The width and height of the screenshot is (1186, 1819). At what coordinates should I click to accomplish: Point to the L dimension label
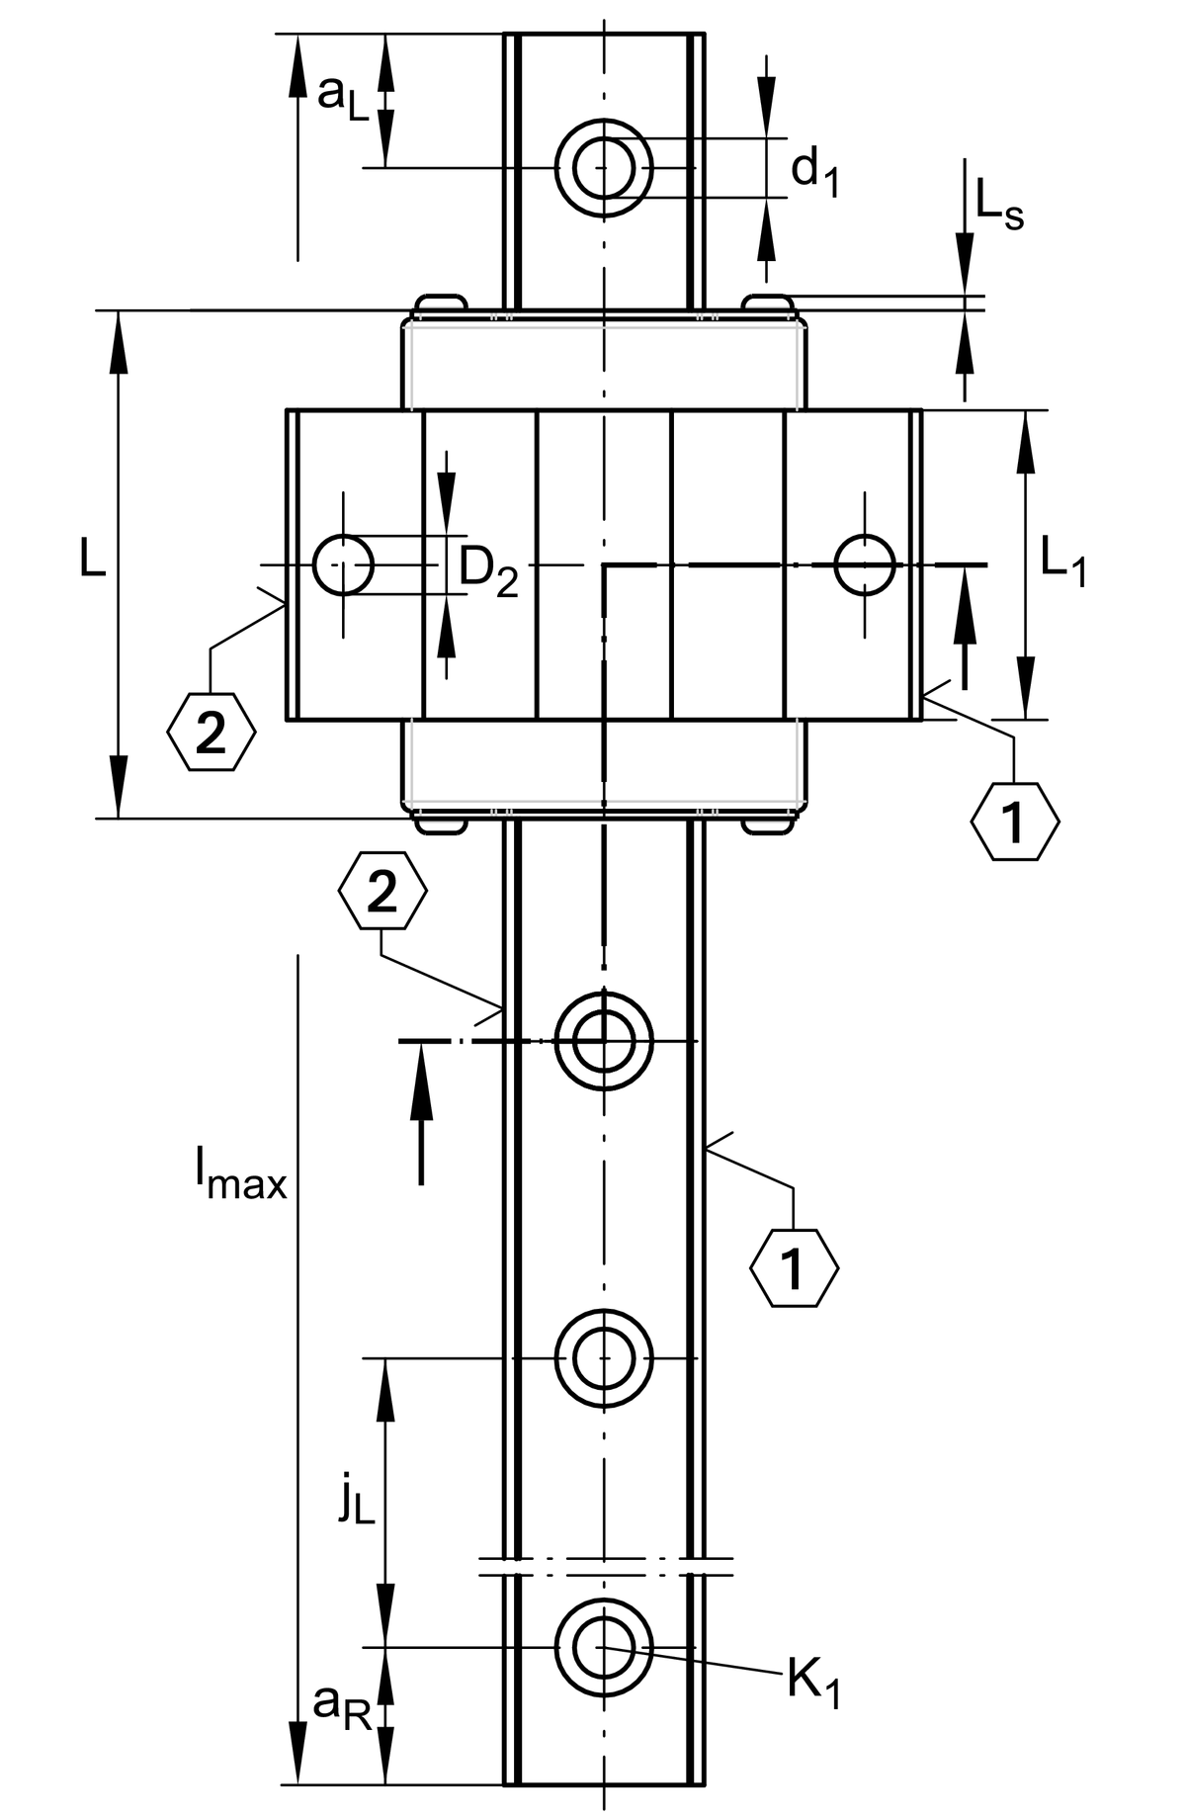(x=94, y=562)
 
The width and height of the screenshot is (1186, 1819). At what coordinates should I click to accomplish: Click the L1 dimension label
(x=1062, y=565)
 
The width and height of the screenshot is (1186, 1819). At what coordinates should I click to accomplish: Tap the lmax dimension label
(x=241, y=1176)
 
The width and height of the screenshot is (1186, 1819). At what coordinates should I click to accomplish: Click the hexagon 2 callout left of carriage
(x=212, y=733)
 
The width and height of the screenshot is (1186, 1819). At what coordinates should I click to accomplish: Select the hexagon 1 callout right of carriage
(x=1014, y=821)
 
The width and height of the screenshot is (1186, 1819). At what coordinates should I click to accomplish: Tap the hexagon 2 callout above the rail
(x=382, y=891)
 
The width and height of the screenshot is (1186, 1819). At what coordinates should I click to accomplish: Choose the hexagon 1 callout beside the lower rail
(x=794, y=1268)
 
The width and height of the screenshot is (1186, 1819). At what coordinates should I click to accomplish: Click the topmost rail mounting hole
(x=604, y=167)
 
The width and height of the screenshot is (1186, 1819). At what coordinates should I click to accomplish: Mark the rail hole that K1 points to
(x=604, y=1647)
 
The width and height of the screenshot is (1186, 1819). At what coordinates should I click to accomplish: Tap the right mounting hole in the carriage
(x=865, y=565)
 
